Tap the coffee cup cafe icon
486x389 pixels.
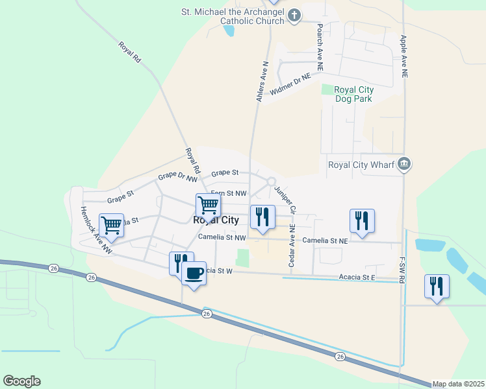[x=194, y=273]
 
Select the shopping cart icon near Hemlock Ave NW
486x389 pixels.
[x=111, y=226]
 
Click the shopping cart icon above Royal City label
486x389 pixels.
[x=208, y=206]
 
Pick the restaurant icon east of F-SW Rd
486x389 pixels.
[x=437, y=286]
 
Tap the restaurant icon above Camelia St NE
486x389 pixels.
[x=362, y=220]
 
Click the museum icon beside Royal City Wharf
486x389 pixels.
[x=405, y=164]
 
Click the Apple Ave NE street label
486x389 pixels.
[x=404, y=57]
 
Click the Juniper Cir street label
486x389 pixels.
[x=285, y=200]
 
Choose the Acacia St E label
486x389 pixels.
[x=357, y=277]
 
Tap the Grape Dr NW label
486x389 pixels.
[x=177, y=176]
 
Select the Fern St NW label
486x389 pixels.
[x=229, y=193]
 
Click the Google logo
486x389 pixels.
[x=21, y=381]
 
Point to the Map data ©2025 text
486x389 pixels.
[x=459, y=384]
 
